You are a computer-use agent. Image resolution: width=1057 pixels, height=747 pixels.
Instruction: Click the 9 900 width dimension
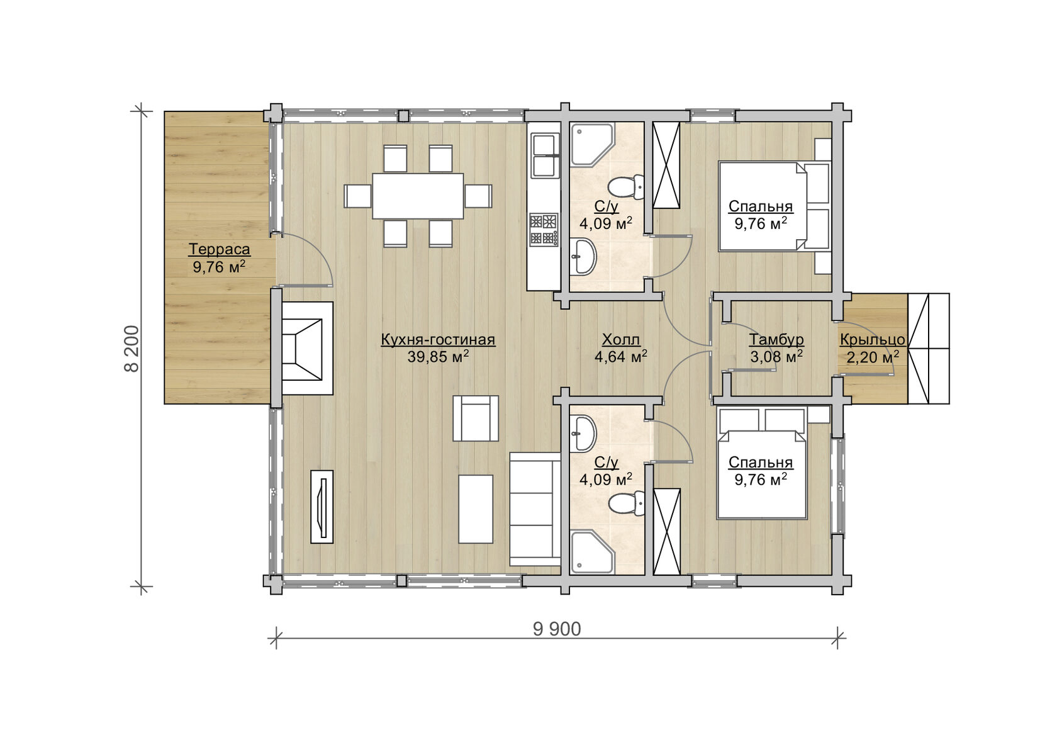(557, 629)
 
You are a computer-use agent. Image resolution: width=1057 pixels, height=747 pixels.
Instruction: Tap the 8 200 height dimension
(132, 349)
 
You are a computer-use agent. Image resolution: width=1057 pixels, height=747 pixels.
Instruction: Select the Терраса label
(219, 249)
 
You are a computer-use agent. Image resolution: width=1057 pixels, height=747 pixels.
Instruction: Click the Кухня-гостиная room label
(438, 340)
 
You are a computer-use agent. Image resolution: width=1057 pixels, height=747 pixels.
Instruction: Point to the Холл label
(621, 340)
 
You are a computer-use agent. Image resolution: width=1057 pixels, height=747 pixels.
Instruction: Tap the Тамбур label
(776, 340)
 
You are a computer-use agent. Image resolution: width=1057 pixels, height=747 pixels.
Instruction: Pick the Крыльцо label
(873, 340)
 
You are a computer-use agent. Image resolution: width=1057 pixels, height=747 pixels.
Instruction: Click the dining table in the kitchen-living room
(418, 196)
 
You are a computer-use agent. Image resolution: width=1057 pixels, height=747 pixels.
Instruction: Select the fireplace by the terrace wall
(307, 348)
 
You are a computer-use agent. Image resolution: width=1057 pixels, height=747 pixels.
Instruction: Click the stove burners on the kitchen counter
(544, 229)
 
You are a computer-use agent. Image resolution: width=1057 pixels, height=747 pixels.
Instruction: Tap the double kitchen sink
(545, 155)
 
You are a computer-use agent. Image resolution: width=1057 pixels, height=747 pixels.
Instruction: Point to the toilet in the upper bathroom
(626, 187)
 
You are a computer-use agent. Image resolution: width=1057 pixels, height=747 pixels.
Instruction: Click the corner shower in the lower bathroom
(592, 552)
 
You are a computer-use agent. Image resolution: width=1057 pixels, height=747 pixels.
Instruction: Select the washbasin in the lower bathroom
(583, 434)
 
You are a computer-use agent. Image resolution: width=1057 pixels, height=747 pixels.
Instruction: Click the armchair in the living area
(476, 418)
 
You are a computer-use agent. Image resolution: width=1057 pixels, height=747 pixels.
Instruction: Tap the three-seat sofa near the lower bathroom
(535, 509)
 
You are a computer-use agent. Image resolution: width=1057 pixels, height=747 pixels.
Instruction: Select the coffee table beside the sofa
(476, 508)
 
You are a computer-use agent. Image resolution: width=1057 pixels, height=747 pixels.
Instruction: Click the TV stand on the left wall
(322, 507)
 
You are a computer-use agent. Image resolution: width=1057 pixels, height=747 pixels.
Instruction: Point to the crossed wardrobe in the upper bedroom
(666, 165)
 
